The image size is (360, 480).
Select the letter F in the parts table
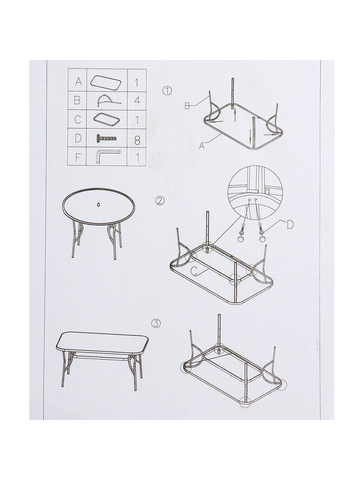78,157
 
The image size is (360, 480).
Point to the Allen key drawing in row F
107,155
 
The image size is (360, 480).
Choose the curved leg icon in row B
109,100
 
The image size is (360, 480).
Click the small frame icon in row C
107,119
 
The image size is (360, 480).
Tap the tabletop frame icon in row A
106,82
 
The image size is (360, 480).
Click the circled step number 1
167,90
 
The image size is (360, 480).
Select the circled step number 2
160,201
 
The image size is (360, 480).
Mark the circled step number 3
156,330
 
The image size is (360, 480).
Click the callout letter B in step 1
187,106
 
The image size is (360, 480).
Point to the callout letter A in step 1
201,145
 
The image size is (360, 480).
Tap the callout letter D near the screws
290,225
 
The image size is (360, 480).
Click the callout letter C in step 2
194,271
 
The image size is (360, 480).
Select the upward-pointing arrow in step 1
235,116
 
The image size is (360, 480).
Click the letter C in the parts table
78,119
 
